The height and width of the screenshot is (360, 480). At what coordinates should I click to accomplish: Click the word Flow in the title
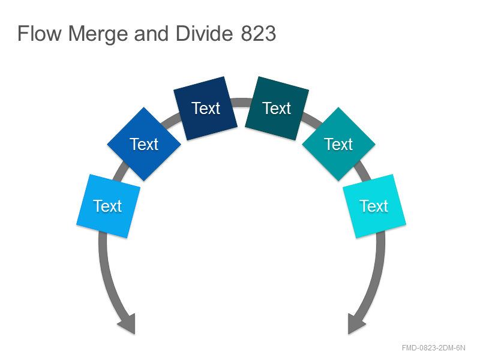[40, 34]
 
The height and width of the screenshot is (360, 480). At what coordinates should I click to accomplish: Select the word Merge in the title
[98, 34]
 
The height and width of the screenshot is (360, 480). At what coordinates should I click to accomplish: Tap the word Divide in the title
[204, 34]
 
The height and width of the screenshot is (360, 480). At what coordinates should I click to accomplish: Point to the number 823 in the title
[259, 34]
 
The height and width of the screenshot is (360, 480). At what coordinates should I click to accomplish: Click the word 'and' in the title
[152, 34]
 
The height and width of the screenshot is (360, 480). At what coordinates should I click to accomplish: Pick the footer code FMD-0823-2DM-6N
[433, 348]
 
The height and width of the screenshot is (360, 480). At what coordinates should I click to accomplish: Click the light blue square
[109, 206]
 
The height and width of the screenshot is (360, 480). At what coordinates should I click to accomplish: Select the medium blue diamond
[144, 144]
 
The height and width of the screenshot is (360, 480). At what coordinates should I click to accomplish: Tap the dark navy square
[205, 109]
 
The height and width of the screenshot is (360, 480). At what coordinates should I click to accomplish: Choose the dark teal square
[277, 109]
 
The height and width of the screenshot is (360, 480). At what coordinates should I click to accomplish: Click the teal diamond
[338, 144]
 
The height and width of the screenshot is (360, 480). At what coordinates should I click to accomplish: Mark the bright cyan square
[374, 206]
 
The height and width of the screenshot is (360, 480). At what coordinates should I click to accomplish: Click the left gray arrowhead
[127, 324]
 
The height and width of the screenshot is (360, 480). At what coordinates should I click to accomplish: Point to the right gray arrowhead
[356, 324]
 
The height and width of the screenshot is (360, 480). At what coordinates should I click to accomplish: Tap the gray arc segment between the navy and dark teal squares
[242, 103]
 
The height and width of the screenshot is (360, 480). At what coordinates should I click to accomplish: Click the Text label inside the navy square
[206, 109]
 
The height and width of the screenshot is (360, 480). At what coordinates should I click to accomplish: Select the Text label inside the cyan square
[374, 206]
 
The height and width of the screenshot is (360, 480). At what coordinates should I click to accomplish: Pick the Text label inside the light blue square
[107, 206]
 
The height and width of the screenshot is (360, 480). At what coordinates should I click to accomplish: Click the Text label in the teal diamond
[338, 144]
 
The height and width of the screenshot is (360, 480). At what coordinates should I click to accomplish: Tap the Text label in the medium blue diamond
[144, 144]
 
